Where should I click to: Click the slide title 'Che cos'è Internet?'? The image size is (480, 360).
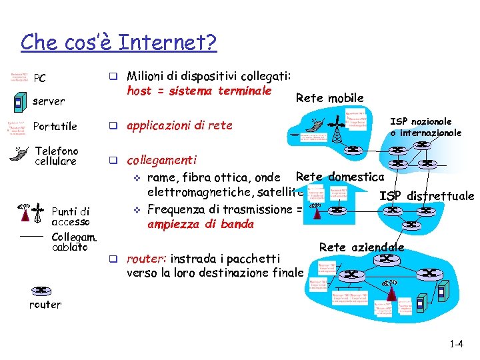(x=119, y=43)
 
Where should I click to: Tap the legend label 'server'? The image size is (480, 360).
(x=49, y=101)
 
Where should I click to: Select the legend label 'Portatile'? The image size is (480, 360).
(x=55, y=126)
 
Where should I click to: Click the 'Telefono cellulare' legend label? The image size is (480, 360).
(x=56, y=156)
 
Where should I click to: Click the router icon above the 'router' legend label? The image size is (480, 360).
(x=41, y=291)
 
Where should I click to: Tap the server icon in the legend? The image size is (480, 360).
(x=18, y=102)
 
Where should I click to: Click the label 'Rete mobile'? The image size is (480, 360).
(x=329, y=98)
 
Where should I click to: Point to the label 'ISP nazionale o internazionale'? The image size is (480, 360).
(x=425, y=127)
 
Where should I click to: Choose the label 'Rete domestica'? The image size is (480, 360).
(x=339, y=177)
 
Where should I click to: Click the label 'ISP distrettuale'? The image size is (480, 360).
(x=426, y=196)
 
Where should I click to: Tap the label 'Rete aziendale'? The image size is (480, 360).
(x=362, y=247)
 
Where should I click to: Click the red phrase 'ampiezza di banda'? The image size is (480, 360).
(x=200, y=224)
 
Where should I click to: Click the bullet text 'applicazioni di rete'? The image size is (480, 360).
(x=179, y=125)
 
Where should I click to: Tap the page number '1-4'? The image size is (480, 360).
(x=457, y=345)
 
